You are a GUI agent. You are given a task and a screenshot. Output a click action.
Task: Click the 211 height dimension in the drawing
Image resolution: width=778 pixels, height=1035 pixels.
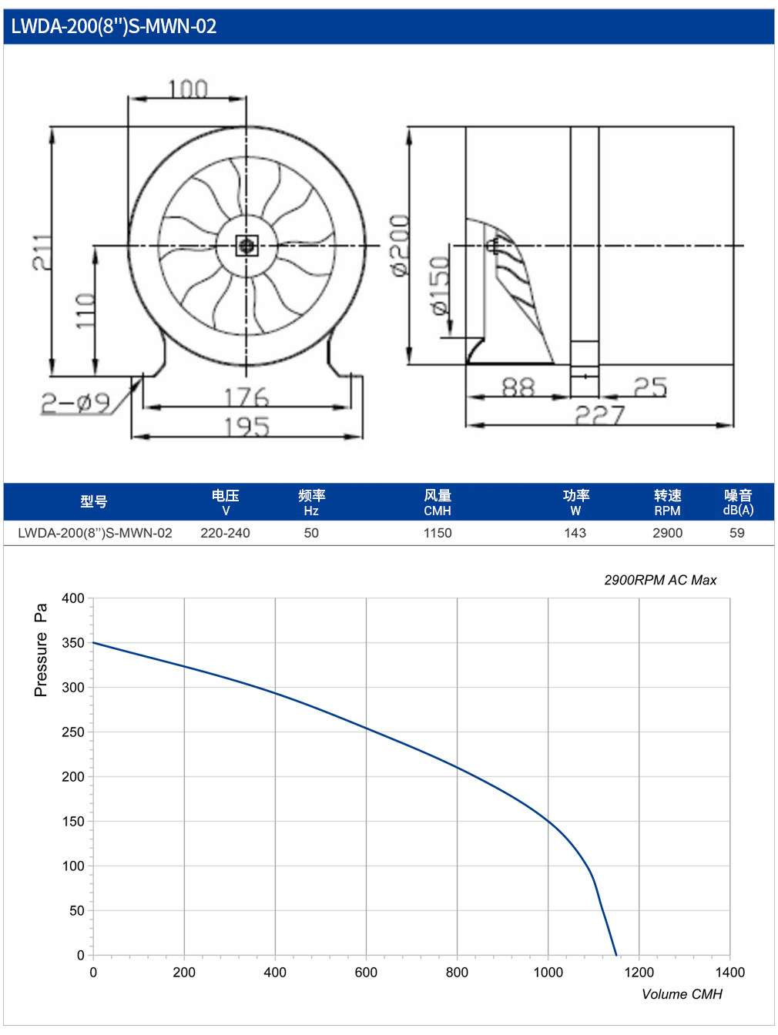point(42,252)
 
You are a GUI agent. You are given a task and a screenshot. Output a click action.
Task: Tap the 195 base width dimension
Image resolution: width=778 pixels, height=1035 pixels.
point(246,427)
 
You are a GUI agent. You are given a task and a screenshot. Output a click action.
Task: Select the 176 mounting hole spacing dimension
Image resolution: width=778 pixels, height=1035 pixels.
point(246,397)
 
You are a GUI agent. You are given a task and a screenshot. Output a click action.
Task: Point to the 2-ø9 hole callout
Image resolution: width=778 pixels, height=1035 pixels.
point(75,404)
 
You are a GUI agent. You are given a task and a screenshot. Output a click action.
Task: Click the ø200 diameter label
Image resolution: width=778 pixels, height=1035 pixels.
point(399,245)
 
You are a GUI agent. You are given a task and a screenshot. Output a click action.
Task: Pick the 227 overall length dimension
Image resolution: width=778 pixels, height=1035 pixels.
point(600,415)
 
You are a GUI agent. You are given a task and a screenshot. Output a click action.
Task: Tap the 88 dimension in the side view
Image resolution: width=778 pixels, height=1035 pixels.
point(518,387)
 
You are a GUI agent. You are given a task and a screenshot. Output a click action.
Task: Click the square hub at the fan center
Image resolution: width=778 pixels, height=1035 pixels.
point(246,245)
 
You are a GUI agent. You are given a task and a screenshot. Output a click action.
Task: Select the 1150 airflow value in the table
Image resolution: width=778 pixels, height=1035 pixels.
point(438,533)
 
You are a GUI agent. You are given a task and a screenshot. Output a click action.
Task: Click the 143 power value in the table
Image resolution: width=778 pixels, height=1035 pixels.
point(575,533)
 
